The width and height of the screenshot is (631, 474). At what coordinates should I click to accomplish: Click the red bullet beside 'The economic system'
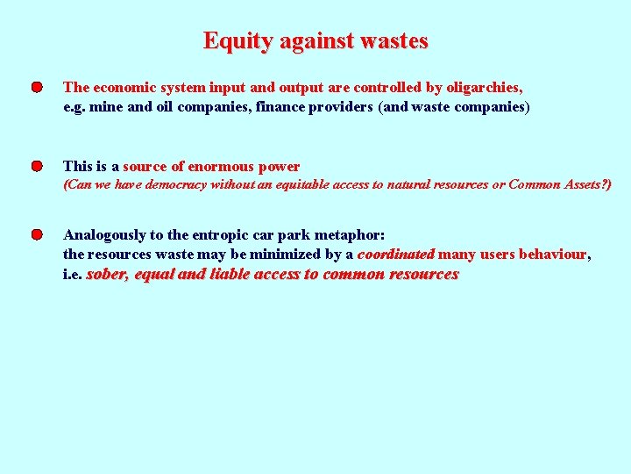click(36, 88)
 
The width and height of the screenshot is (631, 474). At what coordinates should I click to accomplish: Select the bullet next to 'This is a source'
click(36, 166)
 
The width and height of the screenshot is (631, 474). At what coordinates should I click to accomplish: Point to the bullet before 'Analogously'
click(36, 235)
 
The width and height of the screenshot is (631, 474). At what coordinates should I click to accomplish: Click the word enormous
click(219, 166)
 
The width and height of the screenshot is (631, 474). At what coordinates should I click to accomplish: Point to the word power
click(280, 166)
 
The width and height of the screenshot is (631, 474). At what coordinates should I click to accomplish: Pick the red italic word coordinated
click(395, 255)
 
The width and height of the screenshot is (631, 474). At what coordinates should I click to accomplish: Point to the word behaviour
click(553, 255)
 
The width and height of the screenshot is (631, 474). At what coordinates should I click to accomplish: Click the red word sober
click(107, 275)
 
